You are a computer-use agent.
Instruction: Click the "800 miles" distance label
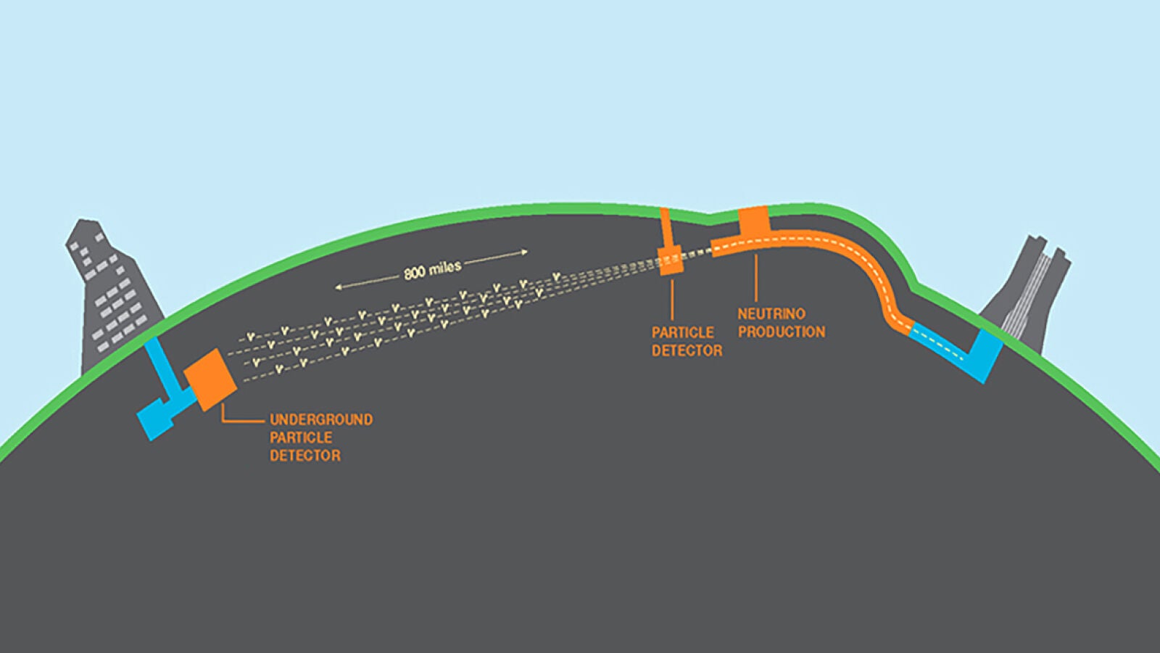tap(432, 270)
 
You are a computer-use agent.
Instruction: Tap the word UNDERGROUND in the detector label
tap(321, 419)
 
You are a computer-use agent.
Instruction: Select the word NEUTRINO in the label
tap(771, 313)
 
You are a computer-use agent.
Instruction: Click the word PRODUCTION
tap(782, 332)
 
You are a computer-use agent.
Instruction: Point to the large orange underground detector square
tap(210, 379)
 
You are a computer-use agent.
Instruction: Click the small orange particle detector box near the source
tap(671, 260)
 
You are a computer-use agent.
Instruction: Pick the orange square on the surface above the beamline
tap(753, 221)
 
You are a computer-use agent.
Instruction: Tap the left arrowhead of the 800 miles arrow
tap(338, 287)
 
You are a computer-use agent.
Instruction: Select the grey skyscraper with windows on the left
tap(109, 297)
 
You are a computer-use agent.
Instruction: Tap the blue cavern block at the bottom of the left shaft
tap(155, 419)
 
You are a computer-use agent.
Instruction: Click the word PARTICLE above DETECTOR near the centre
tap(682, 332)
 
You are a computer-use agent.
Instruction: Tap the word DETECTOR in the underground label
tap(305, 456)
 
